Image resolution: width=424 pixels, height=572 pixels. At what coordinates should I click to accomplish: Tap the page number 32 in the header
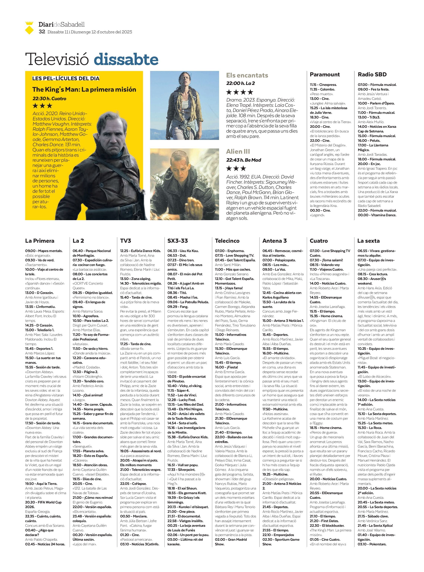point(42,32)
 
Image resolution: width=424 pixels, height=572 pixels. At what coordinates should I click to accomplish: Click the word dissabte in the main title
point(126,60)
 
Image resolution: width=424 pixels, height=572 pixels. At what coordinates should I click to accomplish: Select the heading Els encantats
point(247,75)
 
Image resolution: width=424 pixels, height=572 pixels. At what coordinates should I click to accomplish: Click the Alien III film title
point(238,151)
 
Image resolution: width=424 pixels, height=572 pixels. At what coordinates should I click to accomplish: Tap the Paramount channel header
point(325,75)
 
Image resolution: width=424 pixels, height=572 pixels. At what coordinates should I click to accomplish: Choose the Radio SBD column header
point(372,75)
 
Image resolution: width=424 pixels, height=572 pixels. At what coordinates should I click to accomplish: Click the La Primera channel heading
point(40,241)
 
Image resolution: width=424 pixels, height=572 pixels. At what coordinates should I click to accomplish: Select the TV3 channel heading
point(126,241)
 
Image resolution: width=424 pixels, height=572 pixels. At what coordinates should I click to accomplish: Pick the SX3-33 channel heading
point(178,241)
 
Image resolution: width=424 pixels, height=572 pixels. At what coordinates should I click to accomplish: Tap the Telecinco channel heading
point(227,241)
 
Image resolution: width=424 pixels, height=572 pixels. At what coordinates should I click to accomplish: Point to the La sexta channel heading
point(368,241)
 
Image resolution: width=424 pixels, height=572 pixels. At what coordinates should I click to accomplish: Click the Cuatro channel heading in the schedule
point(319,241)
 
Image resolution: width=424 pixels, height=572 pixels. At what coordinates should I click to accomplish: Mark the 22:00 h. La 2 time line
point(241,83)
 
